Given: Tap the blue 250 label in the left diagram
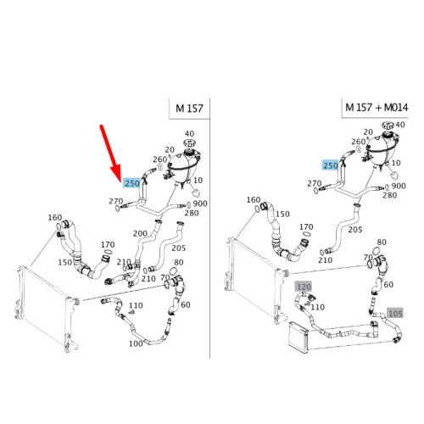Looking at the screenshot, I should (132, 182).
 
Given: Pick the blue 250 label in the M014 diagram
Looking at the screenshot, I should (330, 165).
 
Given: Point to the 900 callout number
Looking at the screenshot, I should (200, 204).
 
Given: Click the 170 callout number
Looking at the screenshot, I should (108, 245).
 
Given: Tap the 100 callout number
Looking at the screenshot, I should (136, 343).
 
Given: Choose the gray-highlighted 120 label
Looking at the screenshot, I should (303, 287).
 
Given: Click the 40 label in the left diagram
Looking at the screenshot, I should (189, 134).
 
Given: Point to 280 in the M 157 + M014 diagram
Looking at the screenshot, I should (390, 195).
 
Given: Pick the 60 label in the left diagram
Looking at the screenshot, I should (186, 304).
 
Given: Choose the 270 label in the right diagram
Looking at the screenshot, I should (314, 183).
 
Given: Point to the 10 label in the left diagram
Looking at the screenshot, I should (198, 180).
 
